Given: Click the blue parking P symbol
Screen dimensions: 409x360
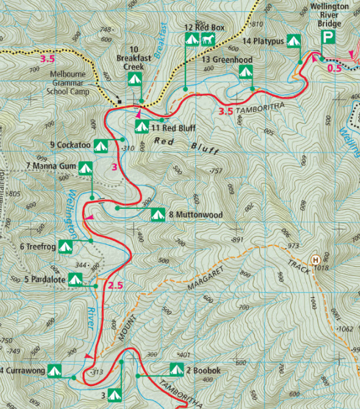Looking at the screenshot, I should (x=328, y=39).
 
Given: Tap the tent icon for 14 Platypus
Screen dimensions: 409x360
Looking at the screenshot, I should (x=294, y=41).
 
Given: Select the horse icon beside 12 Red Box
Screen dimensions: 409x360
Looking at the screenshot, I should (x=209, y=39).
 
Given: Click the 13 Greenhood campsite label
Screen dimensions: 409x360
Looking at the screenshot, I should (x=227, y=60).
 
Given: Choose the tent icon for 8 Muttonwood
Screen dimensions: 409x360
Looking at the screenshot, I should (x=157, y=215).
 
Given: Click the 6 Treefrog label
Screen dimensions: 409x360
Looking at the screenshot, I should (x=38, y=247).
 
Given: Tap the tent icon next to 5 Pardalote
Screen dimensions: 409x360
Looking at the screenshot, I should (x=75, y=279).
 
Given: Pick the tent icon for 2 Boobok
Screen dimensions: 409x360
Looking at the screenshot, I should (x=176, y=370).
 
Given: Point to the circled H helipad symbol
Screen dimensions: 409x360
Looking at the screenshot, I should (x=315, y=260).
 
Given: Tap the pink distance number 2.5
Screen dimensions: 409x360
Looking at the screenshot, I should (x=115, y=286).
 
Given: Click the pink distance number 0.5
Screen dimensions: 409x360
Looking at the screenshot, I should (x=334, y=68).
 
